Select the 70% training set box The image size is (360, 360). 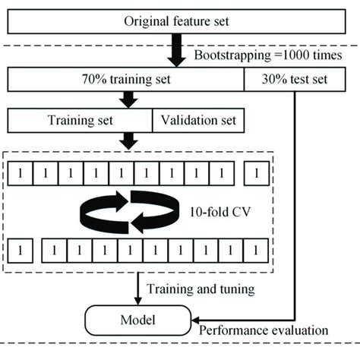(x=126, y=78)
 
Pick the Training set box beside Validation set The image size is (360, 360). (x=81, y=120)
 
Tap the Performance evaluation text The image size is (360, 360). (x=263, y=332)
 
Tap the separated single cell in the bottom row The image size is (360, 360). (x=24, y=249)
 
